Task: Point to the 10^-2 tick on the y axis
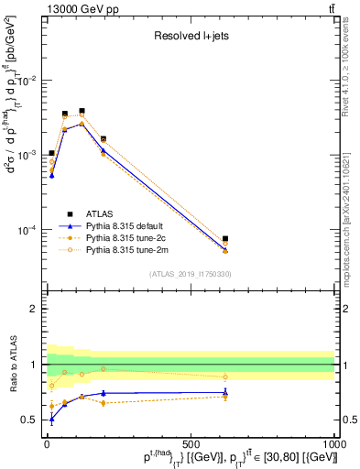point(27,81)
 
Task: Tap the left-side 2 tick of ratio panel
point(36,309)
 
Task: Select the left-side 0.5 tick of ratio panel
point(32,420)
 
